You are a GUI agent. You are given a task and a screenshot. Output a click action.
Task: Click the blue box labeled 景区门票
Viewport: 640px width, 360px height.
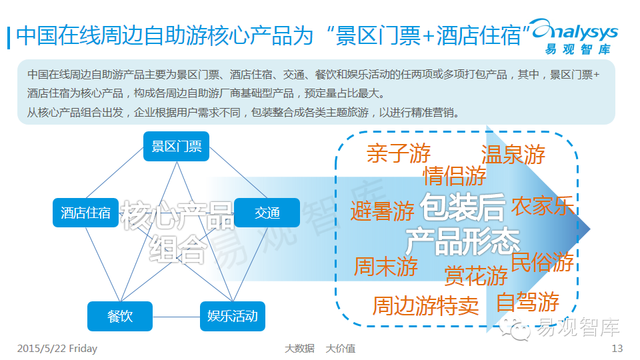177,147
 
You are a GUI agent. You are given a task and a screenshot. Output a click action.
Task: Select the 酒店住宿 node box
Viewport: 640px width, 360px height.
86,213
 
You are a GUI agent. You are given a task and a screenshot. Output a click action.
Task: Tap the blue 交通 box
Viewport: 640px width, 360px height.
267,213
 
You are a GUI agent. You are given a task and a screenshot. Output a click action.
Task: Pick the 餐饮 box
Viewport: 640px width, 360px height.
120,316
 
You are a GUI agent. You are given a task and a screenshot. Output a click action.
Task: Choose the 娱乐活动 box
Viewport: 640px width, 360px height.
233,316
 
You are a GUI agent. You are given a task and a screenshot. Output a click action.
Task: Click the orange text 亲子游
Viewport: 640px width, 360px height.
399,154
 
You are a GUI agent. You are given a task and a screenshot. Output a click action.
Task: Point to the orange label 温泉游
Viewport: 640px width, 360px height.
513,155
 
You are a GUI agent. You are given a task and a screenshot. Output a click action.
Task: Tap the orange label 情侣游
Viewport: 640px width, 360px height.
455,177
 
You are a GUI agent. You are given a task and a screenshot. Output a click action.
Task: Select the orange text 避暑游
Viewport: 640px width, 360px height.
383,212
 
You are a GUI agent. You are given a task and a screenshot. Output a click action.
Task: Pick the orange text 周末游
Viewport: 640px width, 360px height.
386,267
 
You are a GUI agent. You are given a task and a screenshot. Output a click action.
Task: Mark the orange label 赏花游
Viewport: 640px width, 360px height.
476,275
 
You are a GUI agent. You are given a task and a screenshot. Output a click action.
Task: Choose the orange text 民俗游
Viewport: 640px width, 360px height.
543,261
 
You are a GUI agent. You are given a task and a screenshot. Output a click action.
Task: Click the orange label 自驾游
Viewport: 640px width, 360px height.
527,302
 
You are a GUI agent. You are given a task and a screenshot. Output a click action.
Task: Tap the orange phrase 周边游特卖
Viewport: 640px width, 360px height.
425,306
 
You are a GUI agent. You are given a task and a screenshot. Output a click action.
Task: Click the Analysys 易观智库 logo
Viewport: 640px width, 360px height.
577,37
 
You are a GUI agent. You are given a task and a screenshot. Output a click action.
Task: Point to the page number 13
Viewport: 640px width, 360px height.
617,349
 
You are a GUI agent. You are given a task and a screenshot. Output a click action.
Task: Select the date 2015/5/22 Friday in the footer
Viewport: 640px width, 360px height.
57,349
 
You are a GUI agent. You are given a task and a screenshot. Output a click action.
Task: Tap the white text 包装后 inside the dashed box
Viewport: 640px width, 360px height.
463,209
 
